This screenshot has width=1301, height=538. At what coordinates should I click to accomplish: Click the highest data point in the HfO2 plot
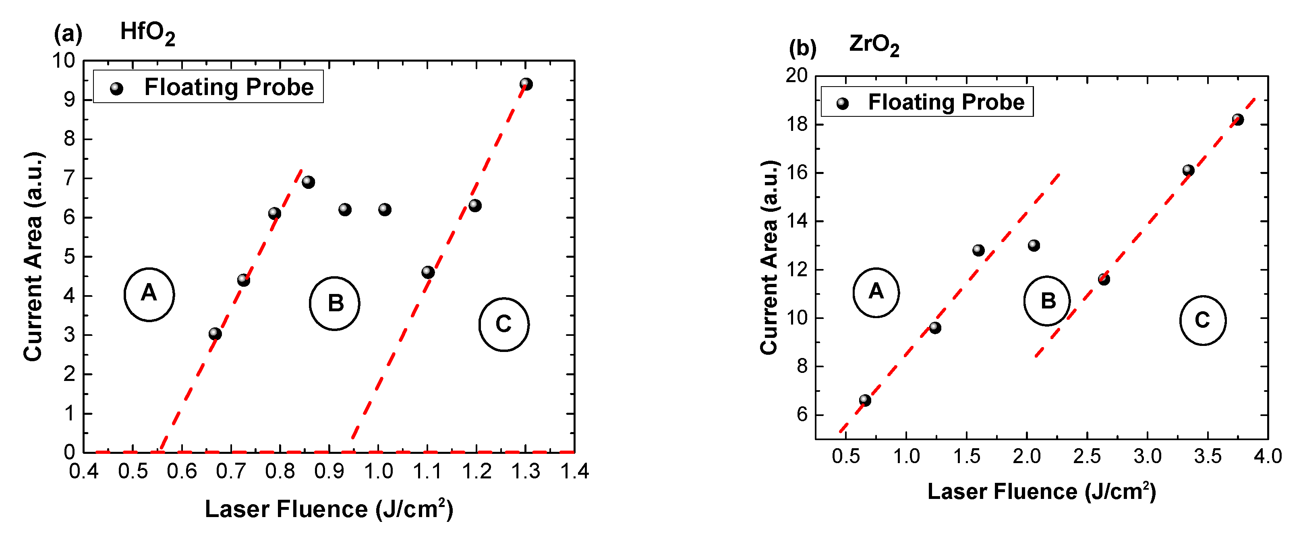[x=526, y=84]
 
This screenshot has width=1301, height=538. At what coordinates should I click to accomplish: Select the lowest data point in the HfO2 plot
[x=215, y=333]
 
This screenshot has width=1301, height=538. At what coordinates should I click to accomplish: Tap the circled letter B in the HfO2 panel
[x=335, y=303]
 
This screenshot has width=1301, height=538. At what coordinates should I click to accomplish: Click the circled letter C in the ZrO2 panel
[x=1202, y=320]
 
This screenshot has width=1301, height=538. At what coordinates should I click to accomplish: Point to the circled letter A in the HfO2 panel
[x=149, y=294]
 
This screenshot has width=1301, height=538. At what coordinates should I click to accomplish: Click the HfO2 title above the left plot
[x=147, y=33]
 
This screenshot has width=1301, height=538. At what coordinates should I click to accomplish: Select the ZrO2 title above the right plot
[x=874, y=45]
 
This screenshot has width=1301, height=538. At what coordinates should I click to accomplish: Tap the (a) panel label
[x=68, y=34]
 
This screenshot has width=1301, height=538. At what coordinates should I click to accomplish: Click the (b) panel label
[x=802, y=48]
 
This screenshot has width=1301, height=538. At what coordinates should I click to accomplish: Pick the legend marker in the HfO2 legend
[x=117, y=89]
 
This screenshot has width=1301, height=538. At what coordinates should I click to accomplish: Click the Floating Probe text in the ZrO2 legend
[x=946, y=102]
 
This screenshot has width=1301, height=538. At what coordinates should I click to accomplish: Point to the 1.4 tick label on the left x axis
[x=575, y=471]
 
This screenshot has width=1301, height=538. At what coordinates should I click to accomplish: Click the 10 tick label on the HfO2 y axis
[x=64, y=61]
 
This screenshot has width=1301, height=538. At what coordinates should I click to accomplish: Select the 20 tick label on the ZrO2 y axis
[x=796, y=76]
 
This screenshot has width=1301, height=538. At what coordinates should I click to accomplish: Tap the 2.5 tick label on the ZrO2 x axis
[x=1087, y=456]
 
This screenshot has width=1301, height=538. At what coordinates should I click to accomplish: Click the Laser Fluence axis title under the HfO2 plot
[x=329, y=509]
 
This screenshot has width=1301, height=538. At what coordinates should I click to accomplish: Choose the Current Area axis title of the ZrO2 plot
[x=769, y=258]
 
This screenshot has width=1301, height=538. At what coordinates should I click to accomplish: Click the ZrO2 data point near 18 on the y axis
[x=1238, y=120]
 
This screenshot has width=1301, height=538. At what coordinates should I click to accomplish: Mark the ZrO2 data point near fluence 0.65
[x=865, y=400]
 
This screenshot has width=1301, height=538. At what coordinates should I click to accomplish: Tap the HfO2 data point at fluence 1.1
[x=428, y=272]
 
